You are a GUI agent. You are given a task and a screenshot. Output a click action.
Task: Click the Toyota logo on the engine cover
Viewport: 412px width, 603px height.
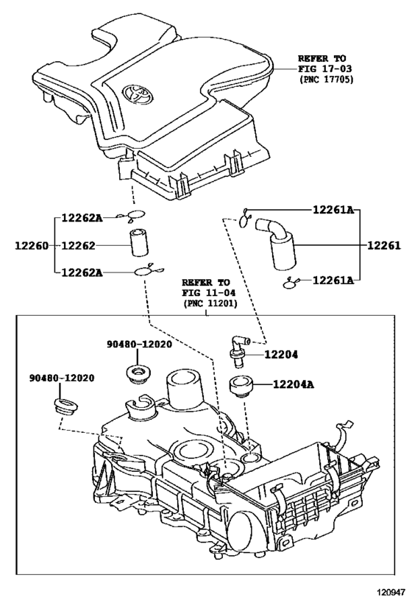pyautogui.click(x=138, y=94)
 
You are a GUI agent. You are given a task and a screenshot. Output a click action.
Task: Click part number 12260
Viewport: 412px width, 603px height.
pyautogui.click(x=32, y=245)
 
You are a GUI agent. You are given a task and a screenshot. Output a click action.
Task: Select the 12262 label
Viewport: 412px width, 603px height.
pyautogui.click(x=78, y=245)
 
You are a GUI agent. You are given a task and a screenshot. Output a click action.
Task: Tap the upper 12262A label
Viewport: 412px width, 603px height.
pyautogui.click(x=82, y=218)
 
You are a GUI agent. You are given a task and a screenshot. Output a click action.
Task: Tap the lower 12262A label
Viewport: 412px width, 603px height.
pyautogui.click(x=82, y=272)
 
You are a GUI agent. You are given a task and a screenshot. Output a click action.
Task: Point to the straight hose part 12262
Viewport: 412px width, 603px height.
pyautogui.click(x=139, y=243)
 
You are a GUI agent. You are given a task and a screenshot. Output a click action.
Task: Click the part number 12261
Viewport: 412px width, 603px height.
pyautogui.click(x=383, y=245)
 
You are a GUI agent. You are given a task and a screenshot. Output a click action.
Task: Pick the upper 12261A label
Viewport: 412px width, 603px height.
pyautogui.click(x=333, y=210)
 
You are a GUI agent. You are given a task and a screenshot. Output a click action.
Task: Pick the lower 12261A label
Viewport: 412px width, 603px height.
pyautogui.click(x=333, y=281)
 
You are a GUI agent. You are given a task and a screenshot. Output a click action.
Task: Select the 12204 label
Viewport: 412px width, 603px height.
pyautogui.click(x=280, y=354)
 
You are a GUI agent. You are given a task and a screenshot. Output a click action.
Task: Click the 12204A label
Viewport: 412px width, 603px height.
pyautogui.click(x=294, y=384)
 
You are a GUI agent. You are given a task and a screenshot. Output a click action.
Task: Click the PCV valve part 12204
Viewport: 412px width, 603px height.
pyautogui.click(x=238, y=350)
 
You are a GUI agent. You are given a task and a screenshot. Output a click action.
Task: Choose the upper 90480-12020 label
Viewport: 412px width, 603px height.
pyautogui.click(x=139, y=344)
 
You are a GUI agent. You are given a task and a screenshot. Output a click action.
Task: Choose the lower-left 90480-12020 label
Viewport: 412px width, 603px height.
pyautogui.click(x=62, y=378)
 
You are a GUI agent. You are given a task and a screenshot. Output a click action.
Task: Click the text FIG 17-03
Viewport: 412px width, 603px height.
pyautogui.click(x=324, y=68)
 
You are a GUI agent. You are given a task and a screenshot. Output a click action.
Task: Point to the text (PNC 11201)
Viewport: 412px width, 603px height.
pyautogui.click(x=210, y=303)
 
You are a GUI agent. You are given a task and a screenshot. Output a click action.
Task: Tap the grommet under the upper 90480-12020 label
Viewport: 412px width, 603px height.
pyautogui.click(x=138, y=374)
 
